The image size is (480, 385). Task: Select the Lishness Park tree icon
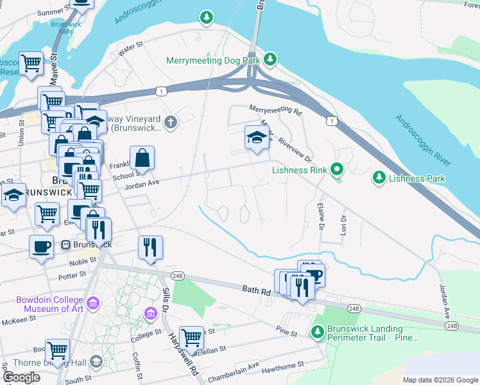(379, 176)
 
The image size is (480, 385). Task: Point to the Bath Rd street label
(256, 290)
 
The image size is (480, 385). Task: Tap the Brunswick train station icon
(65, 244)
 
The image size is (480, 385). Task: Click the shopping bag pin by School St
(142, 158)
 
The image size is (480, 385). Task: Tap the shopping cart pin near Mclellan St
(191, 337)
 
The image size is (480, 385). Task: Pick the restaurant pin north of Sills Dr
(150, 248)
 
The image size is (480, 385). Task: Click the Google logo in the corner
(21, 377)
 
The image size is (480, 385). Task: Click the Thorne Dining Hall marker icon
(96, 363)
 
